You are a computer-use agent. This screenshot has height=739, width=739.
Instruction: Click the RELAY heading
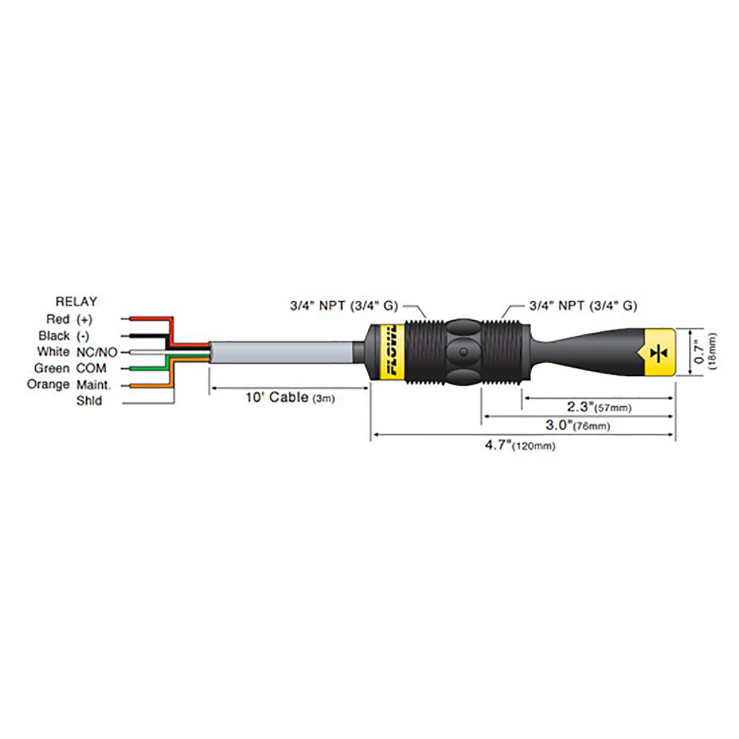76,301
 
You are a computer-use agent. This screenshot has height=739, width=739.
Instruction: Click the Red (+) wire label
69,319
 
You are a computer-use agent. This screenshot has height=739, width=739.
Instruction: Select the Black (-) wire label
64,335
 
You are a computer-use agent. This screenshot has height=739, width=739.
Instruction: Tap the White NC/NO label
77,352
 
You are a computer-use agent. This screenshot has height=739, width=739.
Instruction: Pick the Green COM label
70,368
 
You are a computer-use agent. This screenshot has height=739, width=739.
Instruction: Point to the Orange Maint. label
69,385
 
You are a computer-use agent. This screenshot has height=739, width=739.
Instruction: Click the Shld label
89,401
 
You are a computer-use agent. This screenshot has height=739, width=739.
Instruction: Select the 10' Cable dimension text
289,397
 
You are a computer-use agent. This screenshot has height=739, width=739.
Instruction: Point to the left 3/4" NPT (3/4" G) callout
344,305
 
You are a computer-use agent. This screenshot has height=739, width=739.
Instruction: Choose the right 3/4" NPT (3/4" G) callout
583,305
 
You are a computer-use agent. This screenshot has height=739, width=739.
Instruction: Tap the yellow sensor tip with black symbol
658,352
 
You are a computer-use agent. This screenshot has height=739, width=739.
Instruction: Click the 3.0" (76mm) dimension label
577,426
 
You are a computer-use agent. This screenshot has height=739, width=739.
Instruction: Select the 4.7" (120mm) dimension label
520,445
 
